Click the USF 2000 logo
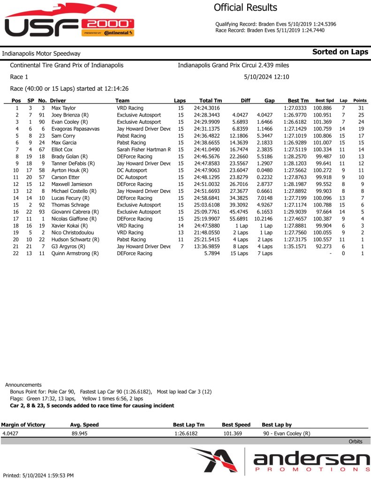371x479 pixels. [x=69, y=23]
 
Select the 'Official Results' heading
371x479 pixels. [x=245, y=7]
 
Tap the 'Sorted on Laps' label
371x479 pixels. [x=340, y=52]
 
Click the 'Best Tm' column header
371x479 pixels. [x=298, y=101]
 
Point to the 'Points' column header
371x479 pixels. [x=360, y=101]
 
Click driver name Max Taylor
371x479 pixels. [x=63, y=108]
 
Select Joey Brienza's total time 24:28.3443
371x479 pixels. [x=211, y=115]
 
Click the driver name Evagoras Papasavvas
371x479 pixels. [x=75, y=128]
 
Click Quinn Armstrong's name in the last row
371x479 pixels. [x=75, y=253]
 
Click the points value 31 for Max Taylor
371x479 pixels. [x=361, y=108]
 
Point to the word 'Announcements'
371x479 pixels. [x=23, y=385]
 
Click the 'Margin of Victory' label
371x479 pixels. [x=23, y=425]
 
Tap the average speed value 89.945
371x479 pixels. [x=80, y=434]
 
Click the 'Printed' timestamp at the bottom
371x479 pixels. [x=38, y=475]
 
